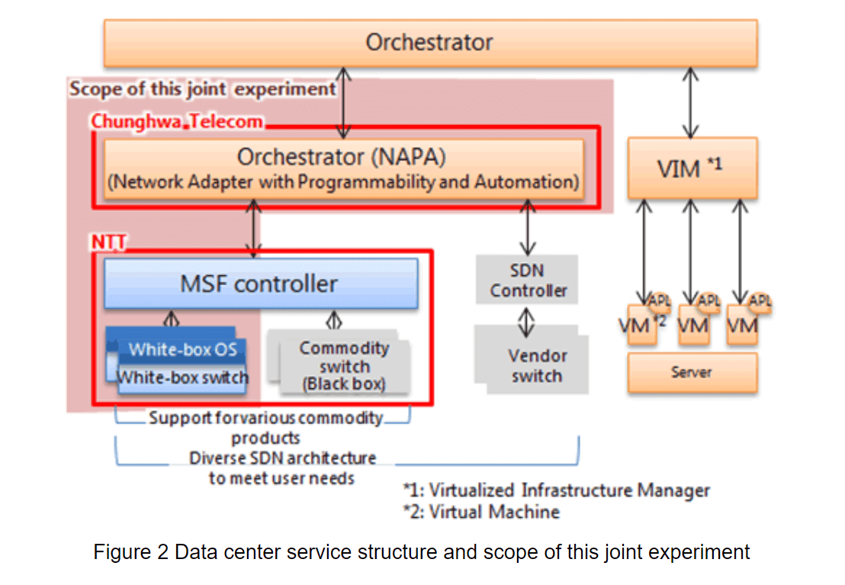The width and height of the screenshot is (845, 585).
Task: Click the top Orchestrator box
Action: click(429, 43)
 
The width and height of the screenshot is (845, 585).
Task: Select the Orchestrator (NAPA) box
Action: click(343, 169)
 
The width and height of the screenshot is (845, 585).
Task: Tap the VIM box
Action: click(692, 168)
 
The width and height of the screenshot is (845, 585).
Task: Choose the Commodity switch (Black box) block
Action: click(344, 366)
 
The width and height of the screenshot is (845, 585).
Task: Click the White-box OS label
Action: click(182, 350)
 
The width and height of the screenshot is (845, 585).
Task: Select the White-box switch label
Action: click(183, 377)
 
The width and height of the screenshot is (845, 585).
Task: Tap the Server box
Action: click(692, 372)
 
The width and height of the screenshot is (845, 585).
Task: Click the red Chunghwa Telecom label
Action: click(177, 121)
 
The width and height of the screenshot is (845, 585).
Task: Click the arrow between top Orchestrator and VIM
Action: click(692, 101)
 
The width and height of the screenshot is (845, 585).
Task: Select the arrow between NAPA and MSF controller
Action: click(254, 227)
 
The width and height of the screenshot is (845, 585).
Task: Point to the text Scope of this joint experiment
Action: click(203, 89)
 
